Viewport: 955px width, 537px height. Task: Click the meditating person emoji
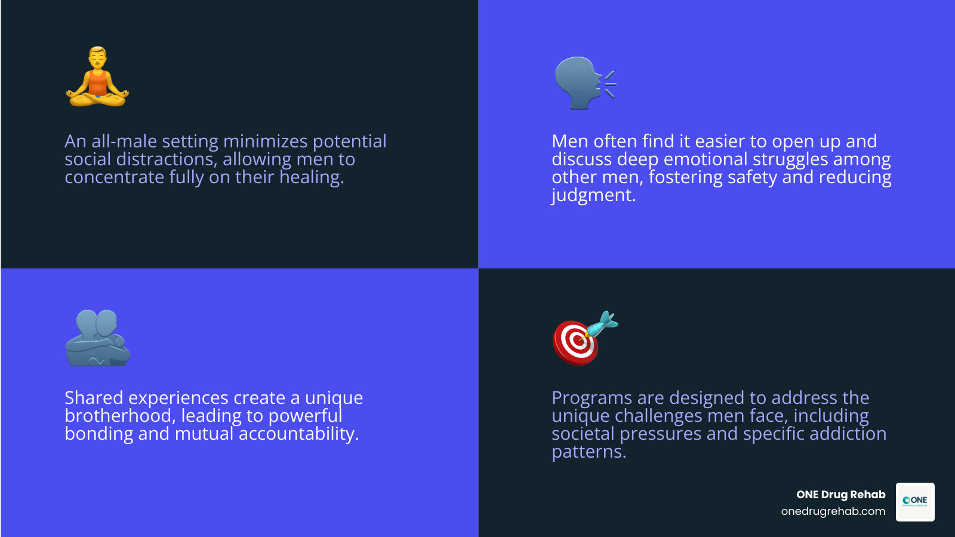click(x=97, y=77)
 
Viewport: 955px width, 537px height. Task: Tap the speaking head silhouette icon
click(x=582, y=83)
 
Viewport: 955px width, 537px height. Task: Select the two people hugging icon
click(x=97, y=338)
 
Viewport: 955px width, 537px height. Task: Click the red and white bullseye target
click(x=575, y=342)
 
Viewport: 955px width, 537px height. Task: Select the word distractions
click(x=166, y=159)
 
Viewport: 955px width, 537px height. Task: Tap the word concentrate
click(x=114, y=178)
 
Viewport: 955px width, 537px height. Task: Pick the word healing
click(x=311, y=177)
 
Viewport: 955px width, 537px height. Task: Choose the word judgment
click(x=593, y=196)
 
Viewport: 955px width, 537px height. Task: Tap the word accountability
click(x=298, y=434)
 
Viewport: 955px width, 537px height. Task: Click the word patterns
click(x=588, y=452)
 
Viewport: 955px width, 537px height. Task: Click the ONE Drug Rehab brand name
click(x=840, y=495)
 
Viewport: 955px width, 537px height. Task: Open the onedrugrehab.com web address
click(x=833, y=511)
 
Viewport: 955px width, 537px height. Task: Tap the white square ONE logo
click(x=915, y=502)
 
